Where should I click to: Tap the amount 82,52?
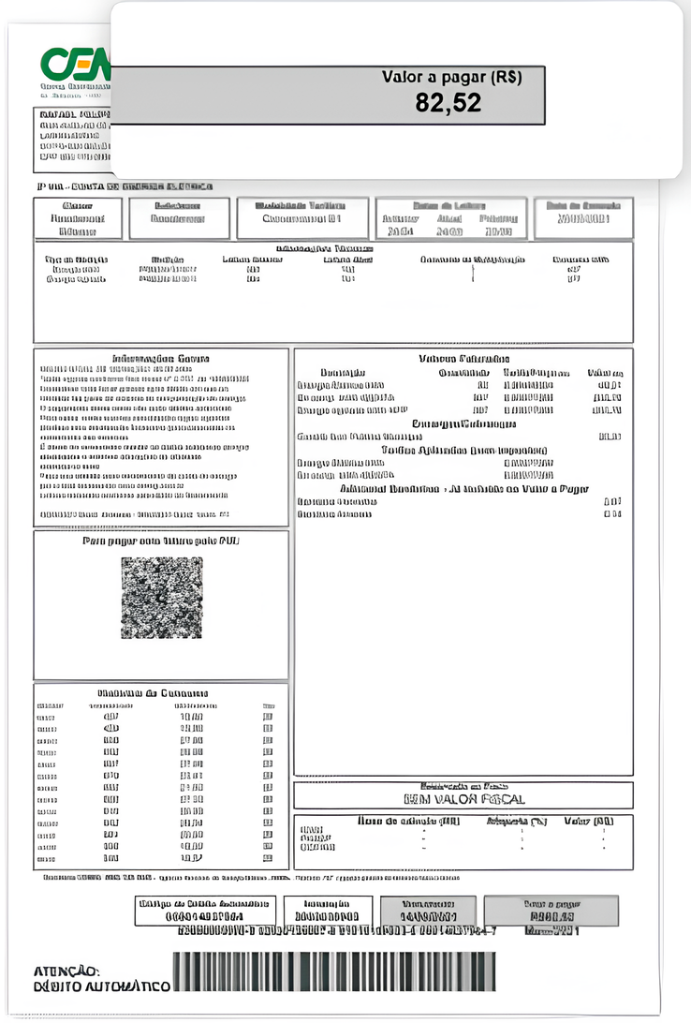(x=448, y=103)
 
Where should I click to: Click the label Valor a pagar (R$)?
(x=451, y=77)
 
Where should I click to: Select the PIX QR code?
(x=161, y=597)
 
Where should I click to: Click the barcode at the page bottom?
(x=334, y=971)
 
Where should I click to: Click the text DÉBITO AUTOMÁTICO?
(x=102, y=986)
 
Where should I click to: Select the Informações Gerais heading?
(x=161, y=358)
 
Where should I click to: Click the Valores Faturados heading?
(x=463, y=359)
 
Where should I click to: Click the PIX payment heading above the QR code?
(x=160, y=541)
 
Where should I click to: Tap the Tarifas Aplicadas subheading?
(x=463, y=449)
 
